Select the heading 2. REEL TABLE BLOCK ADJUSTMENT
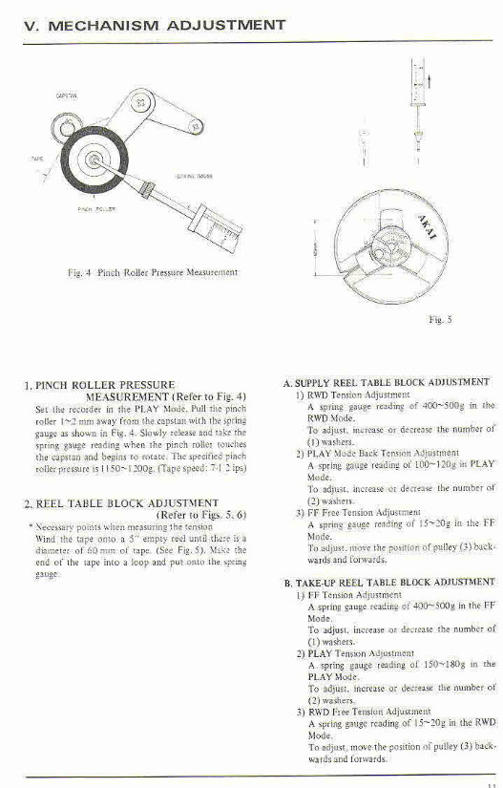point(120,501)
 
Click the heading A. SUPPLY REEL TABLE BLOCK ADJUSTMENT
point(386,382)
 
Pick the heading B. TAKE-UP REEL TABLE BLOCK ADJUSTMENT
point(389,582)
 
